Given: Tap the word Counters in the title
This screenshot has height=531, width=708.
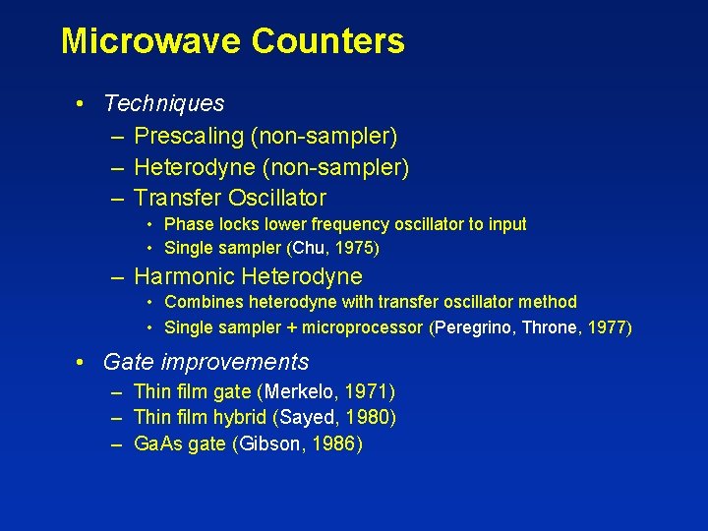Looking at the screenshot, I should click(x=327, y=41).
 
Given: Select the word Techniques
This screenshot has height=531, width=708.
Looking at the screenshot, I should click(x=163, y=103).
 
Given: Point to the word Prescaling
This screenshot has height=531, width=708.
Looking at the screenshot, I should click(x=193, y=136).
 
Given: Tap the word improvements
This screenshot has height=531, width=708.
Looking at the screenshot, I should click(x=235, y=362).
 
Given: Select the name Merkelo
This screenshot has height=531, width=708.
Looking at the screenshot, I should click(x=300, y=392).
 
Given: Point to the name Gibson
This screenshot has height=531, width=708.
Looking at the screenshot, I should click(x=269, y=444).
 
